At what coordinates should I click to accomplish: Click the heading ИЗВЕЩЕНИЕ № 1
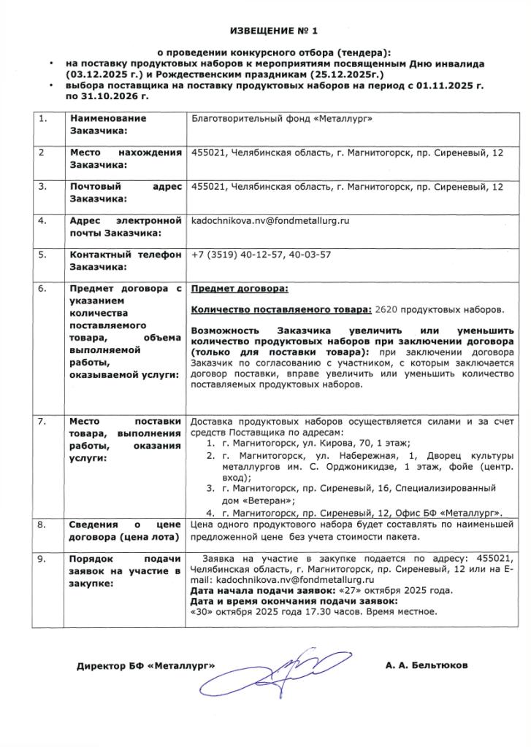(275, 31)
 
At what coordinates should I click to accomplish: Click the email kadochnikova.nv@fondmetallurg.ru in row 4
(270, 220)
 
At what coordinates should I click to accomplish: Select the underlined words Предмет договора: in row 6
(239, 290)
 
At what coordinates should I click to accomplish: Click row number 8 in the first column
(42, 525)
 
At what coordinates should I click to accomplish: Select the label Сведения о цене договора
(125, 531)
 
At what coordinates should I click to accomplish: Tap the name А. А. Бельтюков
(427, 665)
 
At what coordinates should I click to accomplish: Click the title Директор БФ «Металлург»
(146, 666)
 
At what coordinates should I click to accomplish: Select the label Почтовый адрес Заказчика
(125, 192)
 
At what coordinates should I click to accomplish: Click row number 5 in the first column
(42, 255)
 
